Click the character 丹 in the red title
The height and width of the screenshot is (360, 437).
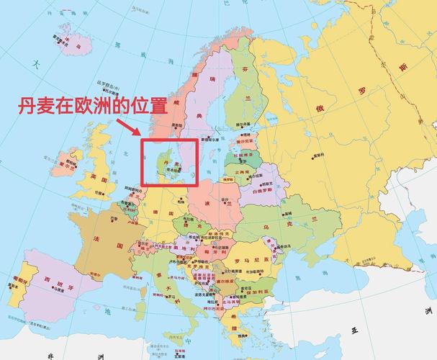point(27,107)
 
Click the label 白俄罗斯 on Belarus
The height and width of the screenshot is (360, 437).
point(266,192)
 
